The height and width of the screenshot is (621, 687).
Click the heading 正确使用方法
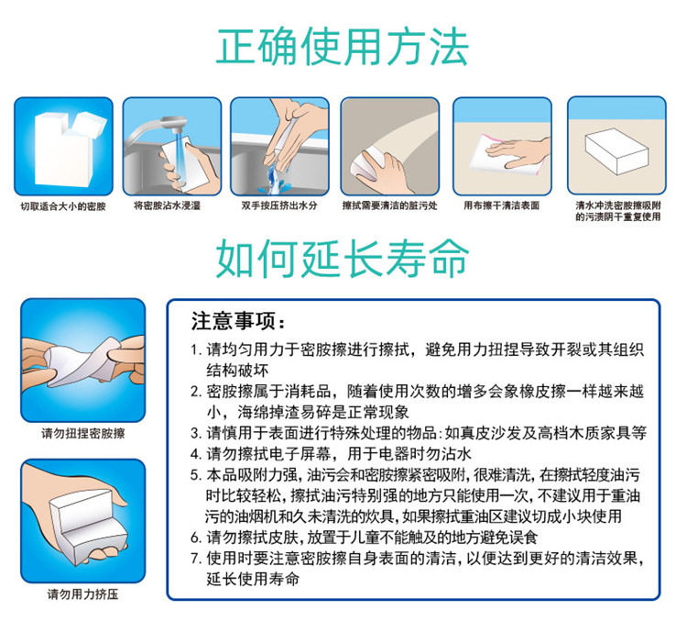pos(343,47)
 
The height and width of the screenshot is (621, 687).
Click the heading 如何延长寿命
pos(343,258)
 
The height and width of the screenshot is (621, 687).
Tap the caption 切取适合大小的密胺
pos(63,206)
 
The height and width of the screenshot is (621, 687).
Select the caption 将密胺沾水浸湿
pos(167,205)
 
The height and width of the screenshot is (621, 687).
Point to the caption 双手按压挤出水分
pos(279,205)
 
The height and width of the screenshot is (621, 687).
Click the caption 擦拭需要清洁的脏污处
pos(390,205)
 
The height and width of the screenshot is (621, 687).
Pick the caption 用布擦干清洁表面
pos(502,205)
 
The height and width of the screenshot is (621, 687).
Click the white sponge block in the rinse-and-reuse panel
pos(616,150)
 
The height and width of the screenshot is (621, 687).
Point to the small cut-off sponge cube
pos(90,124)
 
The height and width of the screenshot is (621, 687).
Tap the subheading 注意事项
pos(238,321)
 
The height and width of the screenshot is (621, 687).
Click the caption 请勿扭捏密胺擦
pos(83,434)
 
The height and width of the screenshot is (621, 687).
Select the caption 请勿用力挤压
pos(83,594)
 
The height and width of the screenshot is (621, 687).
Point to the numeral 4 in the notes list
pos(194,454)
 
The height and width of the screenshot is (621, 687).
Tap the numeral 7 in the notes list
pos(194,559)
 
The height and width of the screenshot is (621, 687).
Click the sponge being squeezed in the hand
pos(88,526)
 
